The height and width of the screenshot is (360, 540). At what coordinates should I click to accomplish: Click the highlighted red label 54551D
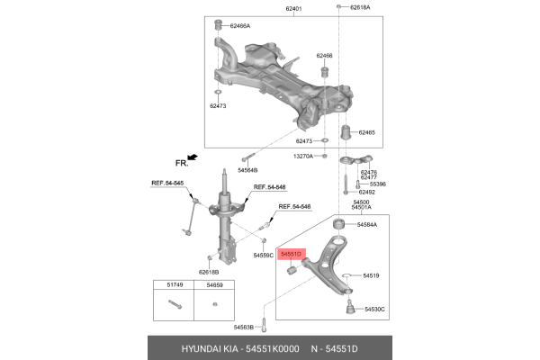click(291, 255)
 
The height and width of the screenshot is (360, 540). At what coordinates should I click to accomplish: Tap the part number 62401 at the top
click(294, 8)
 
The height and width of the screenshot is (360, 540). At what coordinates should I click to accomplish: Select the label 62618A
click(357, 7)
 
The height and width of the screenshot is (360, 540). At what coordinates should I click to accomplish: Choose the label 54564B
click(247, 169)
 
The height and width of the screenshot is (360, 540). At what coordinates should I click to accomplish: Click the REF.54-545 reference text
click(166, 184)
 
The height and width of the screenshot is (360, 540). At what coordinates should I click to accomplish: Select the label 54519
click(371, 275)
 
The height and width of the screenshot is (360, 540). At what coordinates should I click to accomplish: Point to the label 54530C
click(373, 309)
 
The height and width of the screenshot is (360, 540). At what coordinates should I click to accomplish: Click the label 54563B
click(246, 327)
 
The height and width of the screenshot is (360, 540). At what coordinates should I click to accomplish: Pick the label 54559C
click(263, 256)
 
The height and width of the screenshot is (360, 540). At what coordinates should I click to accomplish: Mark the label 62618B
click(209, 271)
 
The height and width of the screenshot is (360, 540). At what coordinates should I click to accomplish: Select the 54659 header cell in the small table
click(212, 285)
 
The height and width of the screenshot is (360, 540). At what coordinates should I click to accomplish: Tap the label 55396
click(377, 184)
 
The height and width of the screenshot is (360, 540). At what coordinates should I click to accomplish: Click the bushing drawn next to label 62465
click(342, 136)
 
